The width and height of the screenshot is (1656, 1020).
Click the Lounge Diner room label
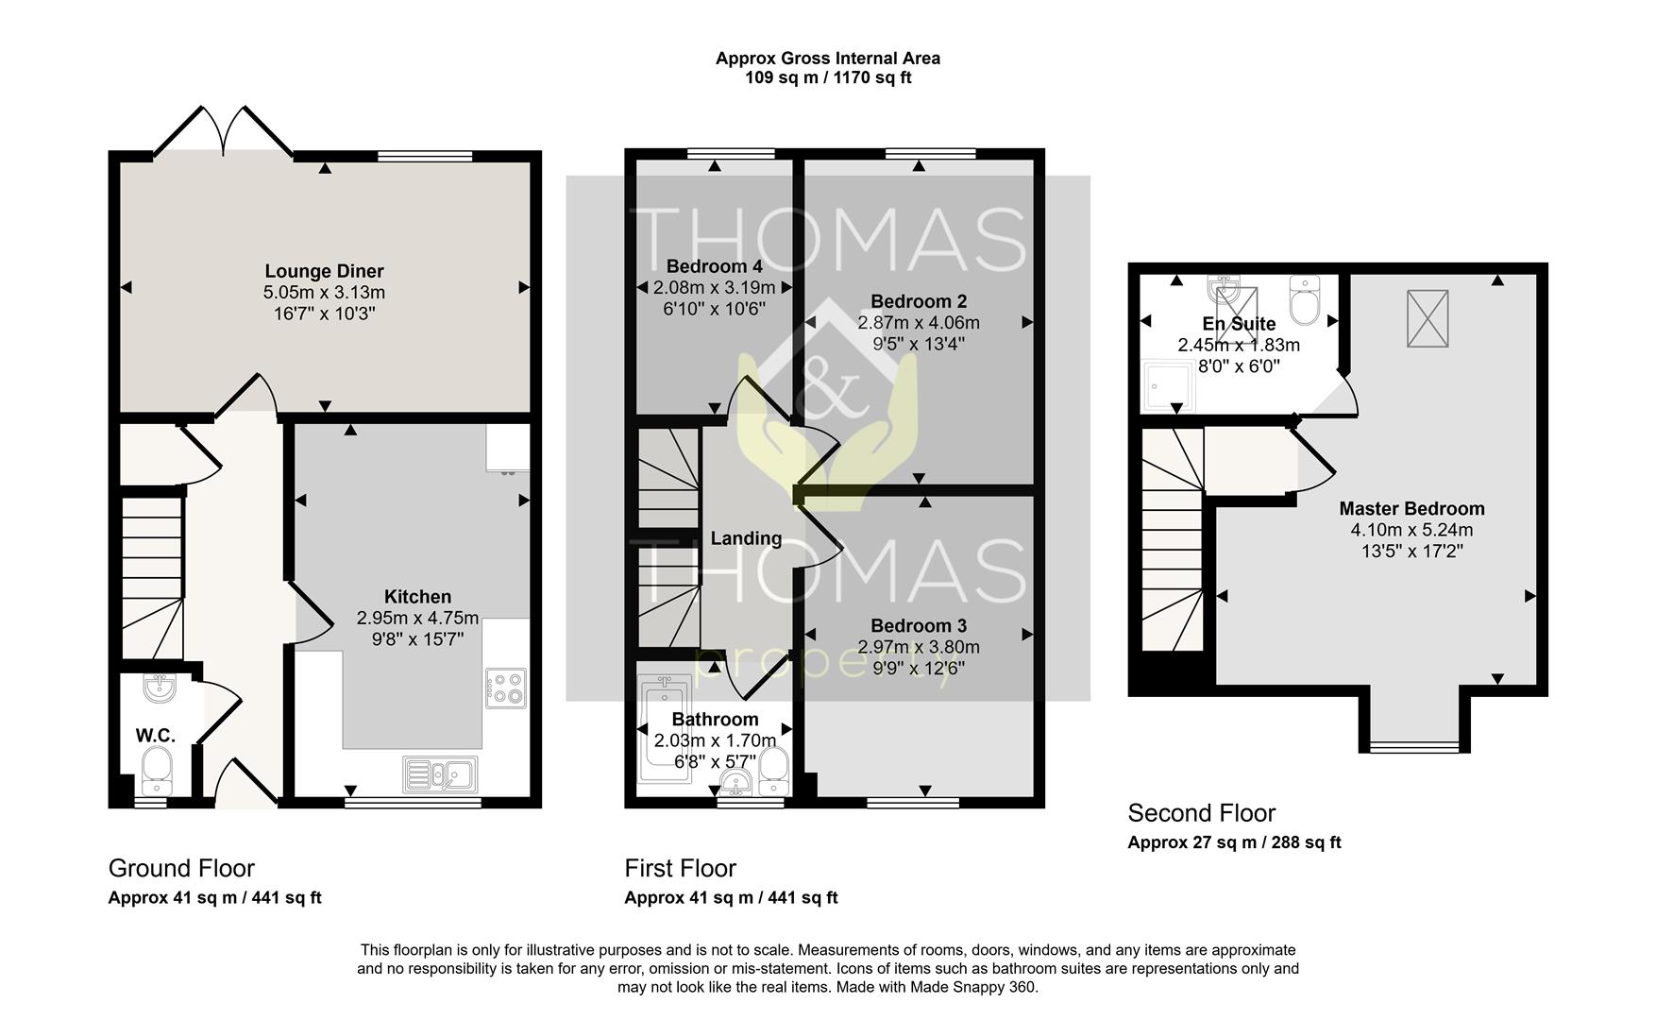(x=324, y=272)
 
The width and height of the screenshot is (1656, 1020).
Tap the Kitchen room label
(x=417, y=597)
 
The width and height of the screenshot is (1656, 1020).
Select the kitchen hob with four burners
(x=506, y=688)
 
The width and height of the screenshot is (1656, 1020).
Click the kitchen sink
(x=440, y=774)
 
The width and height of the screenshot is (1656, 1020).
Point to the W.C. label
(x=155, y=736)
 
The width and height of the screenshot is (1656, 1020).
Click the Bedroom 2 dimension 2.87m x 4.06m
(x=918, y=323)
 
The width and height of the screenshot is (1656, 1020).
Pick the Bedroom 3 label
(x=918, y=626)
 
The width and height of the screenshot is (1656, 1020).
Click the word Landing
(x=746, y=538)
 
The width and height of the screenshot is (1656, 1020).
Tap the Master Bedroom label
(x=1411, y=509)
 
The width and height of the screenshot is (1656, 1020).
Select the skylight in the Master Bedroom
(x=1427, y=319)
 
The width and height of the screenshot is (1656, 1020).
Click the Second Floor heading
(x=1201, y=813)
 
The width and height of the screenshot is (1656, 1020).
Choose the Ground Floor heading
(x=181, y=868)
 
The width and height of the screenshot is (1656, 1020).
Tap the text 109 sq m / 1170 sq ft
(x=828, y=77)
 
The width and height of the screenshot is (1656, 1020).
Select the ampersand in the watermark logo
(x=828, y=390)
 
